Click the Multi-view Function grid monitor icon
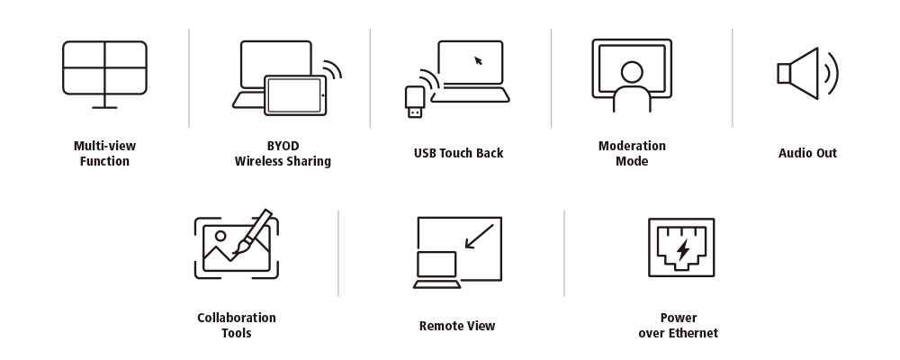coord(104,68)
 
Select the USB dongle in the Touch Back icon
coord(414,102)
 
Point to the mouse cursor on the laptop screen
coord(478,60)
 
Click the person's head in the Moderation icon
coord(632,71)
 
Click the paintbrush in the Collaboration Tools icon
coord(252,231)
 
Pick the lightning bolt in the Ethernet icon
coord(682,247)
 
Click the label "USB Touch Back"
coord(458,153)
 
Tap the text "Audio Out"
coord(807,153)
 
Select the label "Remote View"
coord(457,326)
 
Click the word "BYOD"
coord(283,145)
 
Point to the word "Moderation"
coord(632,145)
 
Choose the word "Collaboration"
coord(236,318)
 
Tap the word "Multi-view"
coord(104,145)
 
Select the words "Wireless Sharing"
coord(283,161)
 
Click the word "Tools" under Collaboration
coord(236,333)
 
